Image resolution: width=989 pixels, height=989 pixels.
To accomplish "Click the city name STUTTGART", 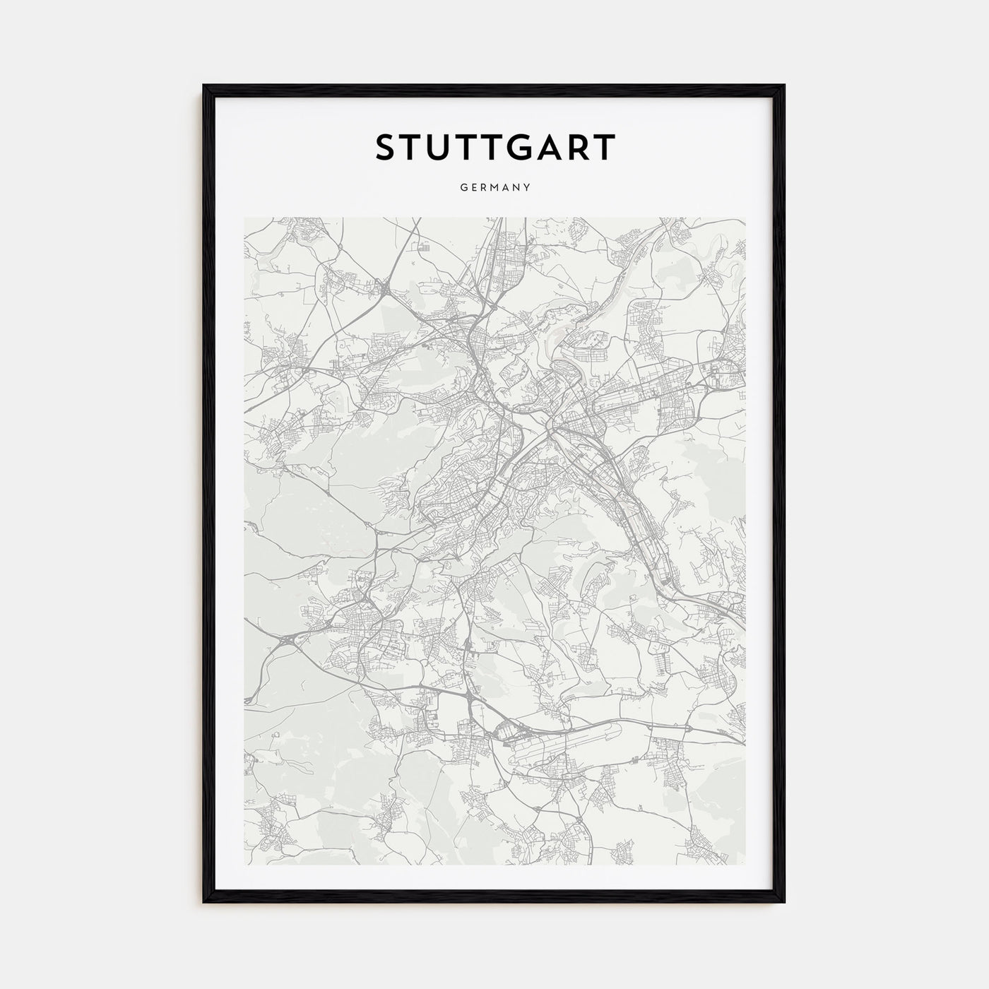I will pos(494,148).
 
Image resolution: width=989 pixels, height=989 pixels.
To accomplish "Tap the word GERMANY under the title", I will pos(494,188).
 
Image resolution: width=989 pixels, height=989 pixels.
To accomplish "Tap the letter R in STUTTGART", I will pos(581,148).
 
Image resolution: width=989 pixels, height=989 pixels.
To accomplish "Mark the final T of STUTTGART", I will pos(606,148).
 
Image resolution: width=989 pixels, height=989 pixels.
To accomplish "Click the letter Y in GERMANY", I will pos(527,188).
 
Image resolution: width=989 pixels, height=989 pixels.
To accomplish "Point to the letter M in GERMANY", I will pos(495,188).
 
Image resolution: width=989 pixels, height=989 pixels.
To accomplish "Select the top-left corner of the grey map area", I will pos(245,218).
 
